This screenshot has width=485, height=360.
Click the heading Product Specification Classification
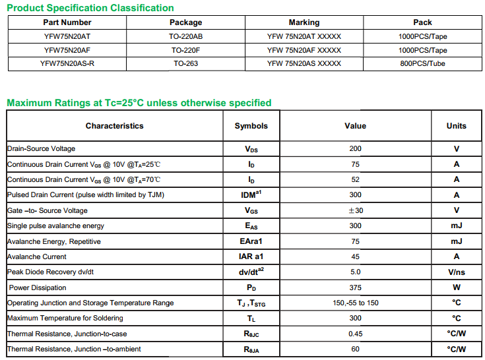click(x=90, y=8)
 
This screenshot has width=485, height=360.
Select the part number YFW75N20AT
click(x=67, y=37)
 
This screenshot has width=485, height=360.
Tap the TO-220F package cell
click(x=185, y=50)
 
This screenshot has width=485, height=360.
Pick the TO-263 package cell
click(x=185, y=64)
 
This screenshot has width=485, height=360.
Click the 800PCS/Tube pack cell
click(x=422, y=64)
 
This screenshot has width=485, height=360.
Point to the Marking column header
click(x=304, y=22)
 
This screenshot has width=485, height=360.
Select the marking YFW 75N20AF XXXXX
click(x=304, y=50)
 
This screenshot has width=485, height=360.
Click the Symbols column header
click(x=251, y=126)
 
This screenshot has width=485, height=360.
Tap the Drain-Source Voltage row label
click(x=41, y=149)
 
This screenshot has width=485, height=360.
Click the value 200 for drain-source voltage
click(x=355, y=149)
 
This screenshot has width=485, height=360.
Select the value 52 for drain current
click(x=355, y=179)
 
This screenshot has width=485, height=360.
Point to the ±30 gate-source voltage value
click(x=355, y=210)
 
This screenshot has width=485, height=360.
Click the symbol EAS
click(x=251, y=226)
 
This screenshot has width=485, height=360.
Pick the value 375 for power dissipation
click(x=355, y=287)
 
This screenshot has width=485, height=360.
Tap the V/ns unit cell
click(x=456, y=272)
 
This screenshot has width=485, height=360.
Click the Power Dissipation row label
click(x=37, y=287)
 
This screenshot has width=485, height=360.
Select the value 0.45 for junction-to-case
click(x=355, y=334)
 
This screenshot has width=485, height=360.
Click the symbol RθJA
click(x=251, y=349)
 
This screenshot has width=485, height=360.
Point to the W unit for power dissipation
click(x=456, y=287)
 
